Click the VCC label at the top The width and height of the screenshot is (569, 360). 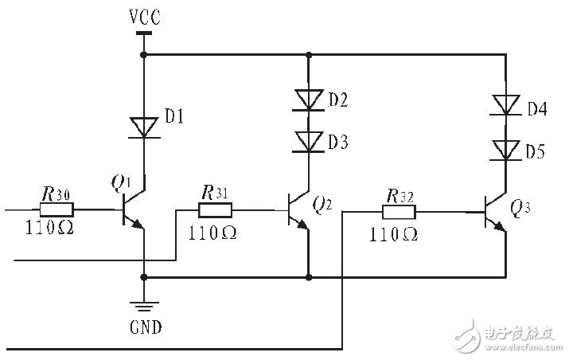[143, 16]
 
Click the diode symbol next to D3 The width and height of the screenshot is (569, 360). [308, 142]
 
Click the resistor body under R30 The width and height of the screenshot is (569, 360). [57, 210]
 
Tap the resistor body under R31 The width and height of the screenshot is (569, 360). [215, 210]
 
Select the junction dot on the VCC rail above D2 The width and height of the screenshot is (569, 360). [308, 55]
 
